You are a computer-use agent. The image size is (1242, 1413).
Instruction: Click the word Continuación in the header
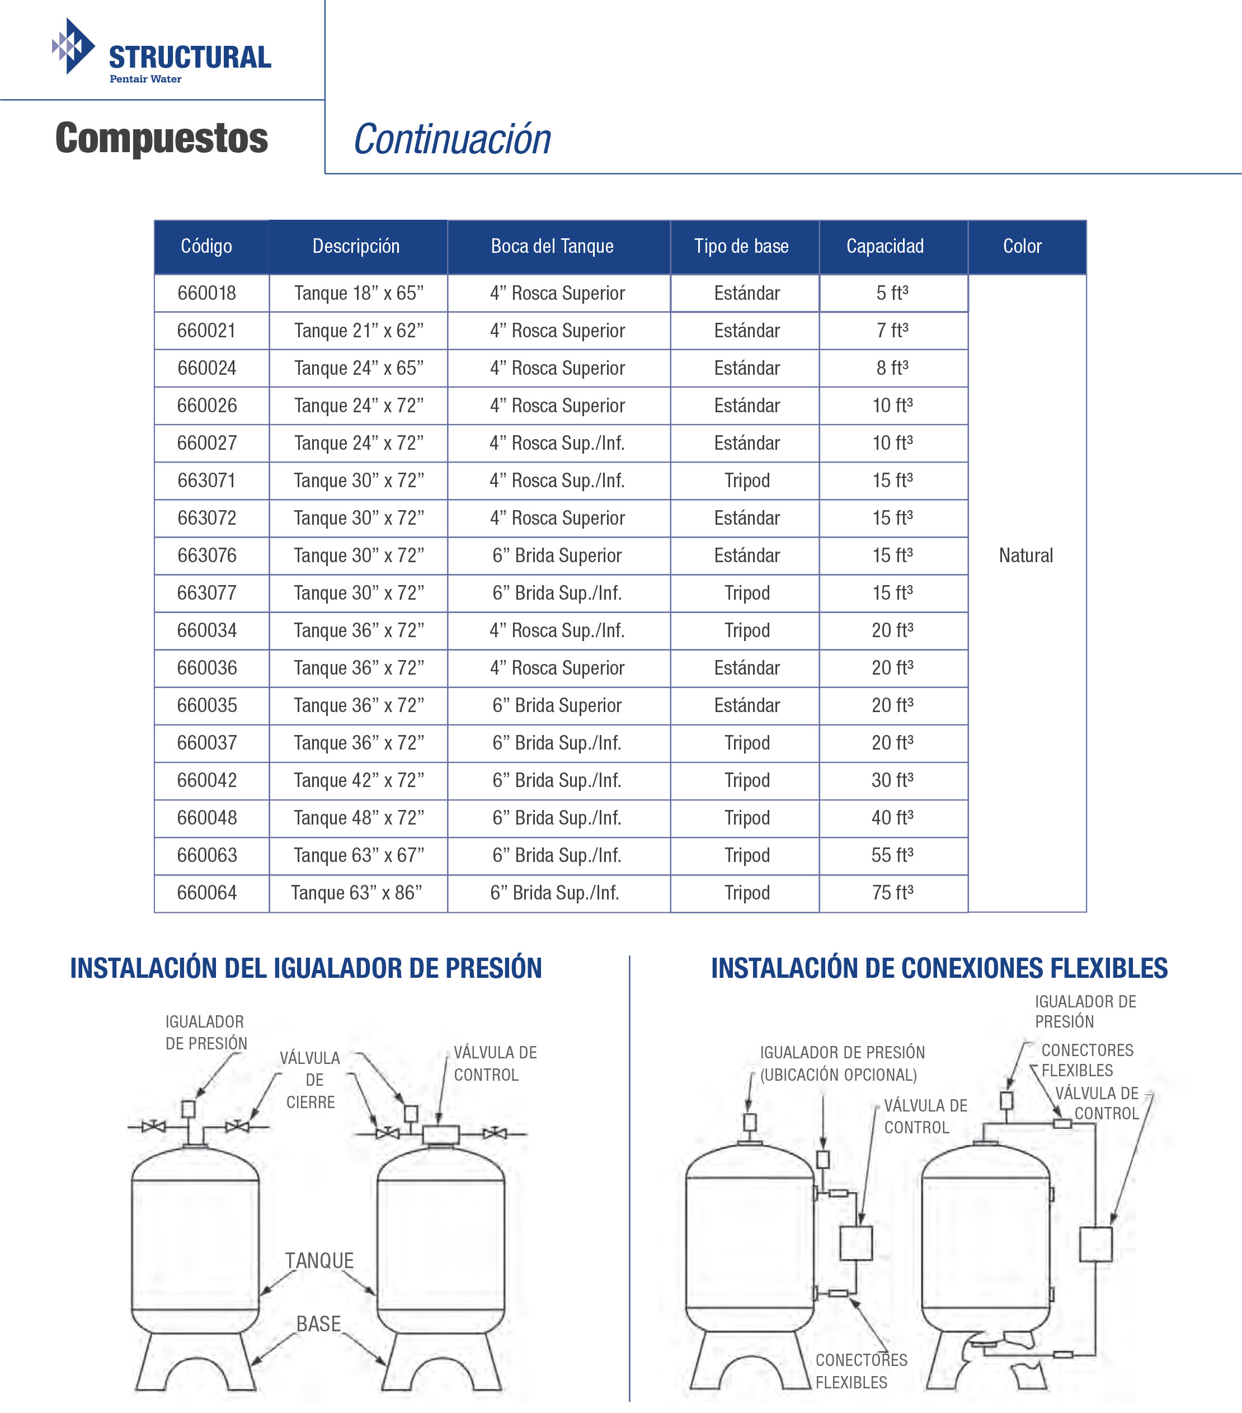452,140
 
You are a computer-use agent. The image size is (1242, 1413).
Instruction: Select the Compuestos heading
161,138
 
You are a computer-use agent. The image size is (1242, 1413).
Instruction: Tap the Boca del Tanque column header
552,246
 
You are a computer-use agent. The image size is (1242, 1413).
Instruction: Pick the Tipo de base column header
741,246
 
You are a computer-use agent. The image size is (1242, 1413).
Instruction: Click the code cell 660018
207,293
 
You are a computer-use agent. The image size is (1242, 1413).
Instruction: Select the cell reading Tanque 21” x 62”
358,331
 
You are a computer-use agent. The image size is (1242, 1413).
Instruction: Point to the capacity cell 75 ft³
892,892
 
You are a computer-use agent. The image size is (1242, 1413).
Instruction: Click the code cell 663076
207,555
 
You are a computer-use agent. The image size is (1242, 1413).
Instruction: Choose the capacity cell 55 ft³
892,855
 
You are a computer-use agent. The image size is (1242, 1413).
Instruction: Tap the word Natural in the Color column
1025,555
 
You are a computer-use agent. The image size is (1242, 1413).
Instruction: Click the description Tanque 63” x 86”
356,892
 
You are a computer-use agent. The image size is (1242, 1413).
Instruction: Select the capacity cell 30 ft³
892,780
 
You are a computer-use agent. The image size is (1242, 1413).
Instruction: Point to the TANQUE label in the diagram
319,1260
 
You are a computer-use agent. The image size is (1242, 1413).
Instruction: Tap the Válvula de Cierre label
310,1080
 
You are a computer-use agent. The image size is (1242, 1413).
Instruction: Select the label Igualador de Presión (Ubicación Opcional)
841,1063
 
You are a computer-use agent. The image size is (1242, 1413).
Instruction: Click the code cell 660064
207,892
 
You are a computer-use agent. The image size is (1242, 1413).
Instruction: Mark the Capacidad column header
885,246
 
